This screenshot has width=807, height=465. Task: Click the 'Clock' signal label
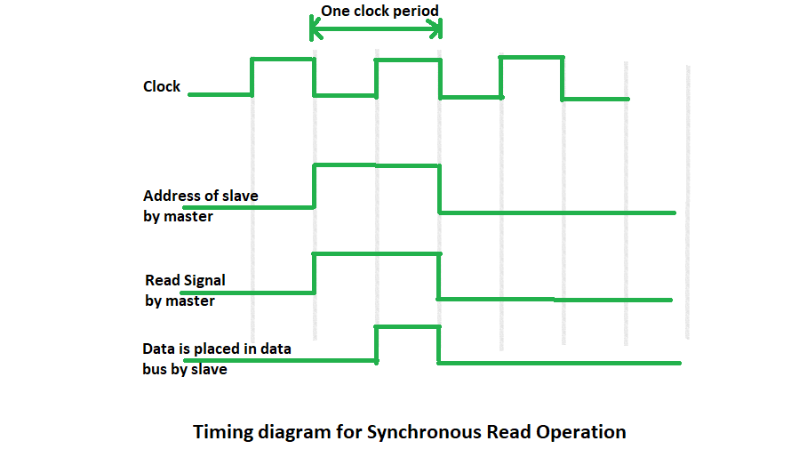tap(162, 86)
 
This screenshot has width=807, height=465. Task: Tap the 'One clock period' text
tap(380, 12)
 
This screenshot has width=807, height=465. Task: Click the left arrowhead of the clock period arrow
tap(313, 30)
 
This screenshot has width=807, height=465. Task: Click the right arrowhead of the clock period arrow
tap(437, 30)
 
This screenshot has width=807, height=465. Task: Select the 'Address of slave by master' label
tap(201, 205)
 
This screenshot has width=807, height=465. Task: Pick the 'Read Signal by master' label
tap(185, 290)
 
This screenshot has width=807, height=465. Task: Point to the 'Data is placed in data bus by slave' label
tap(217, 358)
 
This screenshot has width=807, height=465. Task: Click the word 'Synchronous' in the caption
tap(427, 432)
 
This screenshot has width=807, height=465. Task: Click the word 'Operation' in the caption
tap(581, 432)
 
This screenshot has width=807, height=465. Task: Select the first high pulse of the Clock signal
tap(283, 59)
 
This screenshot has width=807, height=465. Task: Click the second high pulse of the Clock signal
tap(407, 60)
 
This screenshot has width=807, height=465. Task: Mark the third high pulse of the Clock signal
tap(531, 58)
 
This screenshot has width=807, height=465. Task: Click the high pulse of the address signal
tap(376, 164)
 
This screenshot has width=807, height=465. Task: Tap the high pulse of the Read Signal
tap(376, 254)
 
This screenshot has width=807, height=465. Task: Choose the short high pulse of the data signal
tap(407, 327)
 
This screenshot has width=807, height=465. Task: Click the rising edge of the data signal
tap(377, 344)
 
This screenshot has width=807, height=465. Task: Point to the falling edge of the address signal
tap(439, 188)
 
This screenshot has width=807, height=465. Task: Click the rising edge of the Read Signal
tap(314, 273)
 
